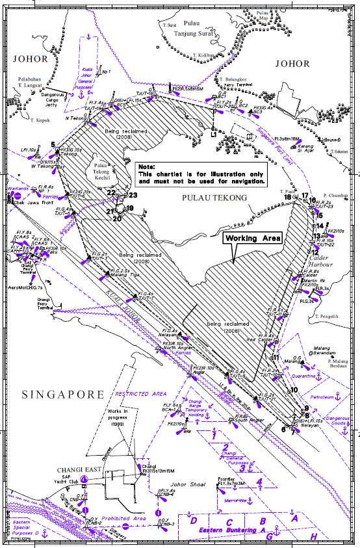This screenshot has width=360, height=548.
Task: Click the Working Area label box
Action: [x=253, y=239]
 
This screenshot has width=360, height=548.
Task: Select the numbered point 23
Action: [x=134, y=194]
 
